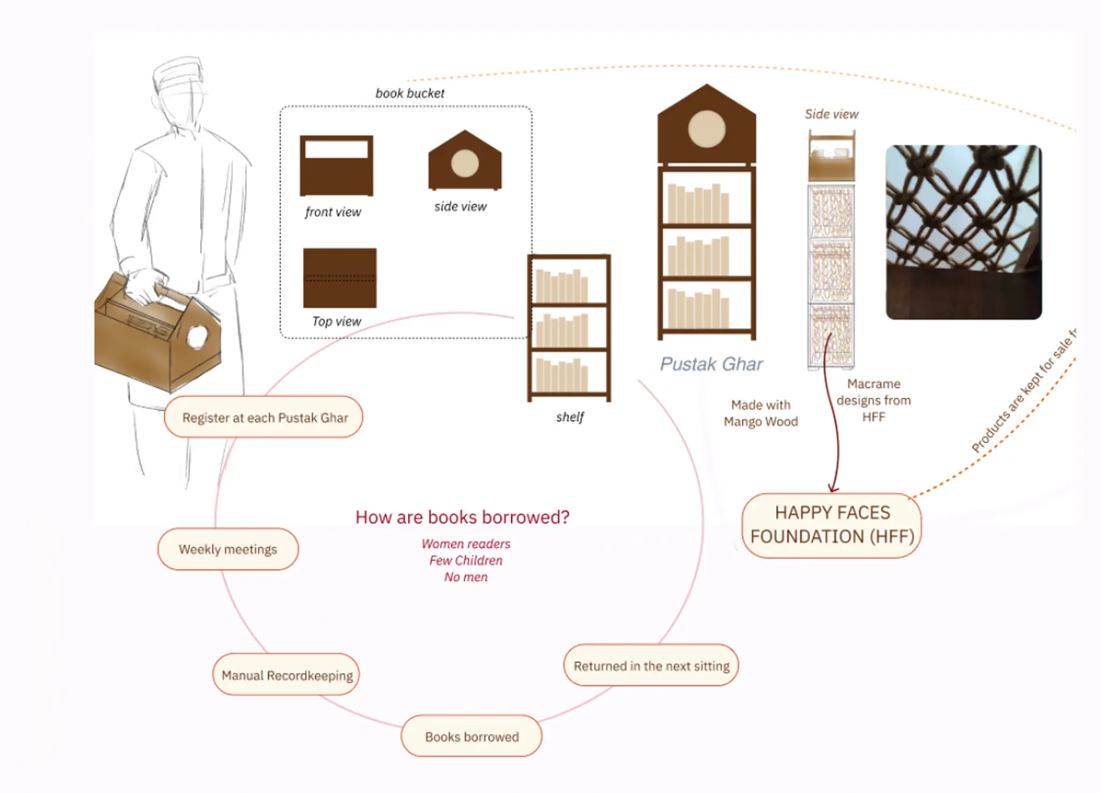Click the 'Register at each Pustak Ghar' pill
(263, 417)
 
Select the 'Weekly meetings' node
(228, 549)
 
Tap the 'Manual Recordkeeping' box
(287, 675)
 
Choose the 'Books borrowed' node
(471, 736)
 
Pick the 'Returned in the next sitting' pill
(651, 666)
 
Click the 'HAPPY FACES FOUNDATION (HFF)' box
(832, 525)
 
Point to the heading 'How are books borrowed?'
(462, 517)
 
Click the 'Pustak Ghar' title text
(711, 364)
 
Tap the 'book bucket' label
(410, 94)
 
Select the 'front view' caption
(333, 212)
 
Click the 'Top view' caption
(337, 322)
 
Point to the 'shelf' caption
(570, 417)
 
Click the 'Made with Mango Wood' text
(761, 413)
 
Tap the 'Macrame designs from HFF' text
(874, 400)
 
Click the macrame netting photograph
(963, 232)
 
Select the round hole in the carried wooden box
(197, 337)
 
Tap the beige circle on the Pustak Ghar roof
(706, 129)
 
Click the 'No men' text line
(466, 577)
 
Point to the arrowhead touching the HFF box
(833, 488)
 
